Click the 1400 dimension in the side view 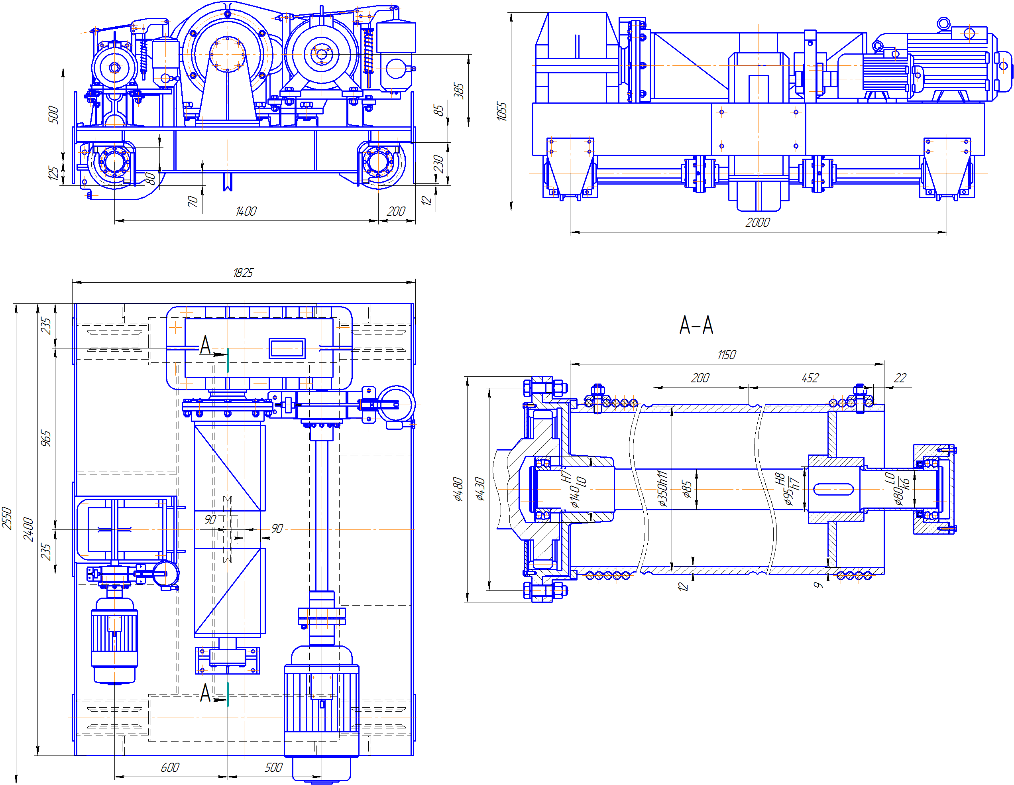(246, 211)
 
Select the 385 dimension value (459, 91)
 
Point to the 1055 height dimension (501, 112)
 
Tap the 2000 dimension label (757, 222)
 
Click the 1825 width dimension (243, 273)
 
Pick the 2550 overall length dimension (6, 518)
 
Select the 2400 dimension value (28, 529)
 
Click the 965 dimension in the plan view (45, 439)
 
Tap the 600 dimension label (170, 767)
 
